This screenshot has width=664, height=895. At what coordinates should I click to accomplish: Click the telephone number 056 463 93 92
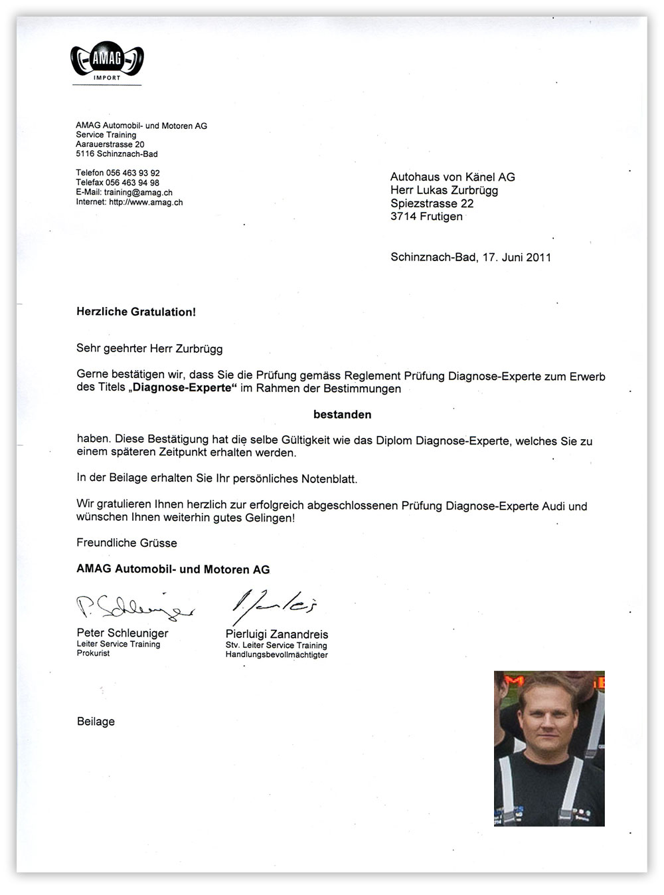pos(133,173)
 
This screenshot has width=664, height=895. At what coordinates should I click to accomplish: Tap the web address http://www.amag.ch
pos(146,202)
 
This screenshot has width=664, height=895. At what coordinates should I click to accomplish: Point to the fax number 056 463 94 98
pos(133,183)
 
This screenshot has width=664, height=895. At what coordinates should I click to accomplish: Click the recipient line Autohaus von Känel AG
pos(452,177)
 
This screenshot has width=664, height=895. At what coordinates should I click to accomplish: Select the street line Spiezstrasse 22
pos(432,203)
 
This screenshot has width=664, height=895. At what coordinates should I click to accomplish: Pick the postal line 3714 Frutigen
pos(426,216)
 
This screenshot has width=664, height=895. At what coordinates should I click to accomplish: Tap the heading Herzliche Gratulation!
pos(136,312)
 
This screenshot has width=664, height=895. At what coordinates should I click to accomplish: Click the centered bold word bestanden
pos(342,415)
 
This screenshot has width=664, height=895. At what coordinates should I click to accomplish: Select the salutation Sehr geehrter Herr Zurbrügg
pos(149,348)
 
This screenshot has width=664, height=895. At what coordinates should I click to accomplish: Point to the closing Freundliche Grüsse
pos(127,543)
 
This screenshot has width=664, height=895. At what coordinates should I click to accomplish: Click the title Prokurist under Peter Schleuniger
pos(93,653)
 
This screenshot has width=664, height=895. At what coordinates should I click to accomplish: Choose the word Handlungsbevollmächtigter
pos(276,654)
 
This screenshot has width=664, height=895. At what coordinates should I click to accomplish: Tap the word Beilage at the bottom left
pos(96,722)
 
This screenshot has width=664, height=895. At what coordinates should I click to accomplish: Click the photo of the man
pos(549,748)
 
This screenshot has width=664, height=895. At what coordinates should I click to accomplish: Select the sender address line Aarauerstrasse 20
pos(110,144)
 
